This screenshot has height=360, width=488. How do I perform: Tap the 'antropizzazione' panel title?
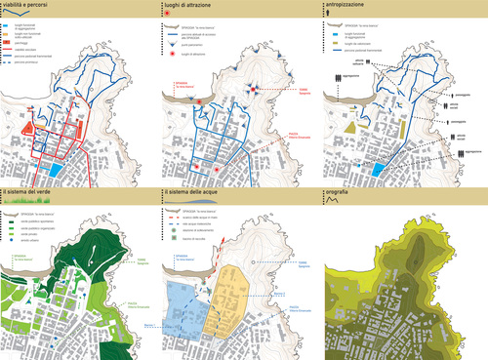tap(355, 7)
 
